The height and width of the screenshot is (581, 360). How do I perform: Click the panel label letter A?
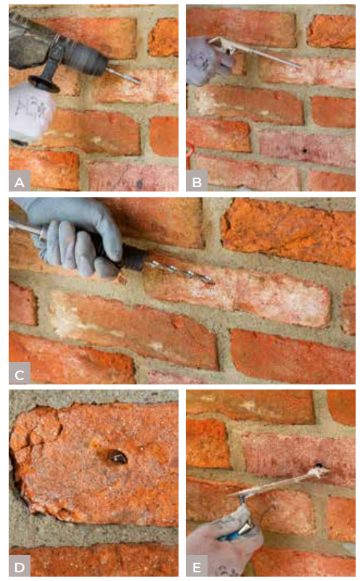click(20, 182)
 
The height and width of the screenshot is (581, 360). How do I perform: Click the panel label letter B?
click(197, 182)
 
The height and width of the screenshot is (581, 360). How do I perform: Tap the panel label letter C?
click(20, 375)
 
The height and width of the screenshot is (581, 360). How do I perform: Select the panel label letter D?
click(20, 567)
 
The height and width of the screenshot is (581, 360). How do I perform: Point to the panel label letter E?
click(197, 567)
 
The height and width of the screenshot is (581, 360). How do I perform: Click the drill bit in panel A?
click(123, 75)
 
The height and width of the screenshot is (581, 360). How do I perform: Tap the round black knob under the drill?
click(44, 84)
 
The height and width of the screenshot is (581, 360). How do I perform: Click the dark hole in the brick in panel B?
click(305, 151)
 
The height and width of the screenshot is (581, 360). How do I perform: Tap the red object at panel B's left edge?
click(190, 151)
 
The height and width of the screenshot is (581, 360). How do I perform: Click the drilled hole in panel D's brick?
click(118, 458)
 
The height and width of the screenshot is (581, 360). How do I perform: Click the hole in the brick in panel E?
click(319, 466)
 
